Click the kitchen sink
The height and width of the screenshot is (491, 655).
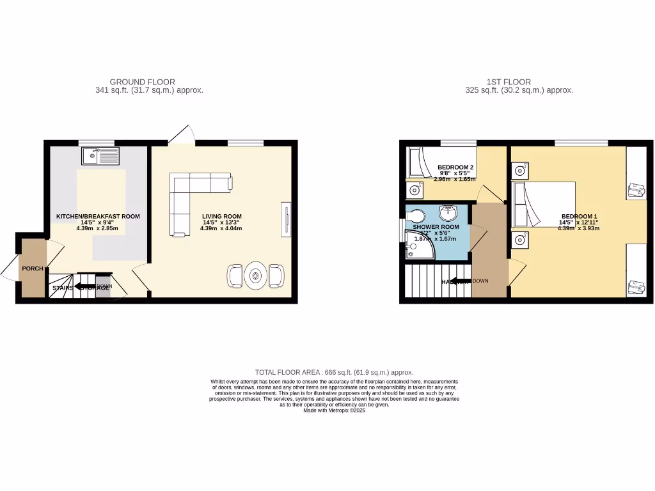coord(101,156)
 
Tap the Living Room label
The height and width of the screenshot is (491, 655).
coord(221,216)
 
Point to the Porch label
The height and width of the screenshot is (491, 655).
coord(33,269)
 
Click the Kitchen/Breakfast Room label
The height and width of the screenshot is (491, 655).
coord(98,217)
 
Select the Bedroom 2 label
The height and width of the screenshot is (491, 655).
coord(455,168)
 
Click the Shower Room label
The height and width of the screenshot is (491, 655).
coord(436,227)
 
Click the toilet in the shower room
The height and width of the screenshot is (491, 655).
coord(416,215)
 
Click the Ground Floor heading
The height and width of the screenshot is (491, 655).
coord(143,82)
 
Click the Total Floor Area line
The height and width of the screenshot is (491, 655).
coord(334,372)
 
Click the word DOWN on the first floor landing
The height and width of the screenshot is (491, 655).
coord(480,281)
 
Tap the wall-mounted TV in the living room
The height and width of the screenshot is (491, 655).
coord(286,219)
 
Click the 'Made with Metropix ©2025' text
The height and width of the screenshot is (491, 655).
coord(334,410)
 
